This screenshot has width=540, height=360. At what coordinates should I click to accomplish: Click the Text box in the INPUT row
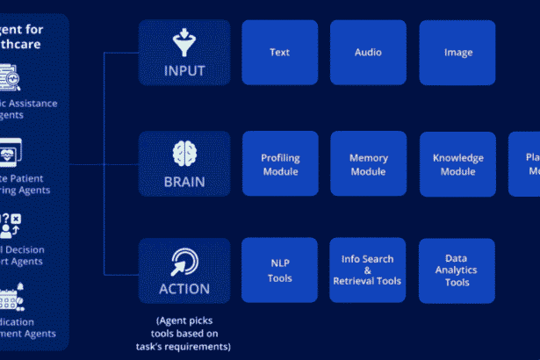click(x=279, y=53)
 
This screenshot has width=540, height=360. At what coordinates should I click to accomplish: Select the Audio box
click(x=368, y=53)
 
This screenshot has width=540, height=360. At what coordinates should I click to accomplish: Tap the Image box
click(x=457, y=53)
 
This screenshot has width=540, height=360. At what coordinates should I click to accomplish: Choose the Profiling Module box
click(x=280, y=164)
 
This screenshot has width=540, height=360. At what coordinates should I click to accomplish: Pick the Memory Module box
click(x=368, y=164)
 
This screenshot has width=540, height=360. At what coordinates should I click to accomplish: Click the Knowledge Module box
click(x=457, y=164)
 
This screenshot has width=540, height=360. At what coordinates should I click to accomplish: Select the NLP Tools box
click(x=280, y=270)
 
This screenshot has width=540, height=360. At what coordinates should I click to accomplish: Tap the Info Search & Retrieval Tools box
click(x=367, y=270)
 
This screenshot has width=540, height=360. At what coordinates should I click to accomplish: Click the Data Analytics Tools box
click(x=457, y=270)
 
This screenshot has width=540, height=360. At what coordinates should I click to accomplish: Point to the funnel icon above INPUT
click(x=184, y=40)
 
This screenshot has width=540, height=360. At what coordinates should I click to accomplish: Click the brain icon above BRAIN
click(x=184, y=152)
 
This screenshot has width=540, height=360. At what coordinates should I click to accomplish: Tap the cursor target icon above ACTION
click(x=184, y=260)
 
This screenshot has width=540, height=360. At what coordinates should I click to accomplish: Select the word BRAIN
click(x=184, y=182)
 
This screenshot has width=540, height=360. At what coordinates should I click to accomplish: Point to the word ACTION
click(x=184, y=289)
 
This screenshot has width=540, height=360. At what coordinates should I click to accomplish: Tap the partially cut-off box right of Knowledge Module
click(x=525, y=164)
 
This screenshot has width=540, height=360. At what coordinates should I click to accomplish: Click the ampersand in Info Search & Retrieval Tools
click(x=367, y=270)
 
